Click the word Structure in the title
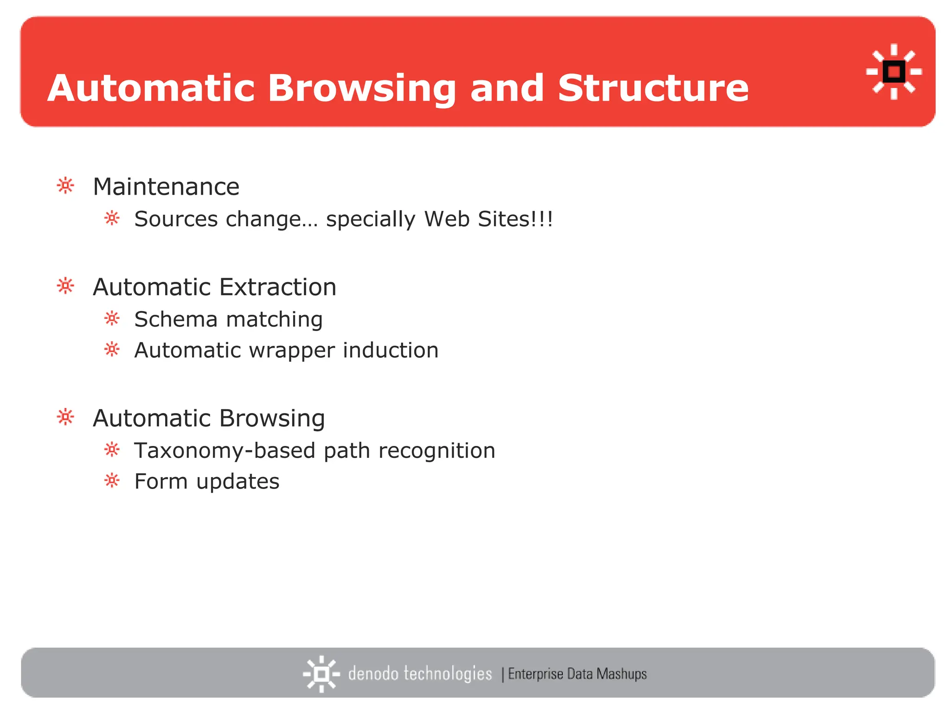point(653,88)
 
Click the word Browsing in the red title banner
point(362,89)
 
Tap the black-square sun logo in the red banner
point(894,72)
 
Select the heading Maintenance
point(166,187)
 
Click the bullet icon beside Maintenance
point(65,186)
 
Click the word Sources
point(176,219)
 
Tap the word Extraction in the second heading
point(278,287)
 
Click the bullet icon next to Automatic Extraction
point(65,286)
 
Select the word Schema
point(176,319)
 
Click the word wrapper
point(292,350)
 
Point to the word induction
point(391,350)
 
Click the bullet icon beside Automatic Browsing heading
point(65,417)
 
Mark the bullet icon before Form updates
point(112,481)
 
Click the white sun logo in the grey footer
point(321,674)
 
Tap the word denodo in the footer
point(373,674)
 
